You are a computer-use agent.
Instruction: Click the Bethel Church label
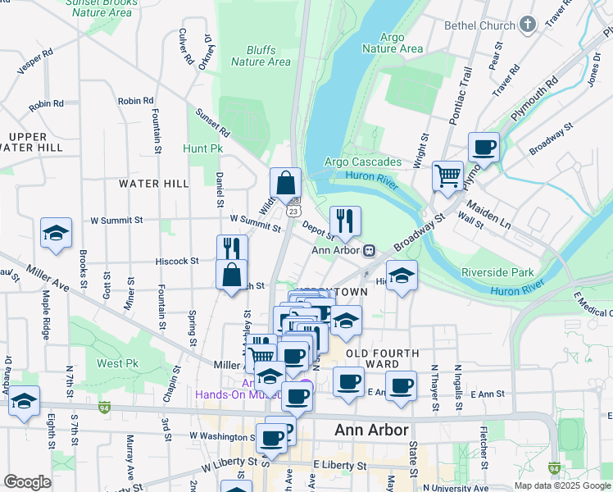[x=479, y=25]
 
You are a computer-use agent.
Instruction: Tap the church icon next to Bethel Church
[x=528, y=25]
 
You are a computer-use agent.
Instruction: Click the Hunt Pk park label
[x=203, y=149]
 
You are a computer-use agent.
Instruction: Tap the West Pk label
[x=116, y=363]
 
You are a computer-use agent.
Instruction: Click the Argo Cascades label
[x=363, y=162]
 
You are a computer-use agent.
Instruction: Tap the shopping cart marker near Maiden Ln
[x=447, y=175]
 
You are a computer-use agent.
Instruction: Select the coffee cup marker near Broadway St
[x=484, y=148]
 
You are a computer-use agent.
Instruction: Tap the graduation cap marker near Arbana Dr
[x=24, y=401]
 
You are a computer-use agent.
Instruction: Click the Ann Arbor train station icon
[x=370, y=250]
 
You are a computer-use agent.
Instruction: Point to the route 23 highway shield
[x=292, y=210]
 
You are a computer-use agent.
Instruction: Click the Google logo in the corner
[x=27, y=482]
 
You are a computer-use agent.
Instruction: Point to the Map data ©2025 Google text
[x=561, y=485]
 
